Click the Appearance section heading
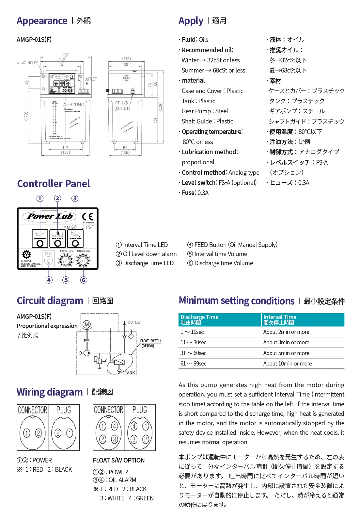[42, 21]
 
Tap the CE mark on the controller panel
[87, 217]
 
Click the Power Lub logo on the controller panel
[50, 216]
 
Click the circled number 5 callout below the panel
[66, 280]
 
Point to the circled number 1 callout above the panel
[40, 198]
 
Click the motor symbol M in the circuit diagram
[86, 324]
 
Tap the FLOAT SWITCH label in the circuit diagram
[150, 341]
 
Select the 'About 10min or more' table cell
[287, 364]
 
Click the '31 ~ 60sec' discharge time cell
[193, 353]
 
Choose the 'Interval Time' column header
[280, 317]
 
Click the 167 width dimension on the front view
[66, 55]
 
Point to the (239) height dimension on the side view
[160, 107]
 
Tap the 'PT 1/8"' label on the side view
[122, 103]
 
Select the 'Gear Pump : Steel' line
[205, 111]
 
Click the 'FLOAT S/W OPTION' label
[118, 460]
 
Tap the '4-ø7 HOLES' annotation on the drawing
[28, 63]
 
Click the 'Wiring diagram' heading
[50, 392]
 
